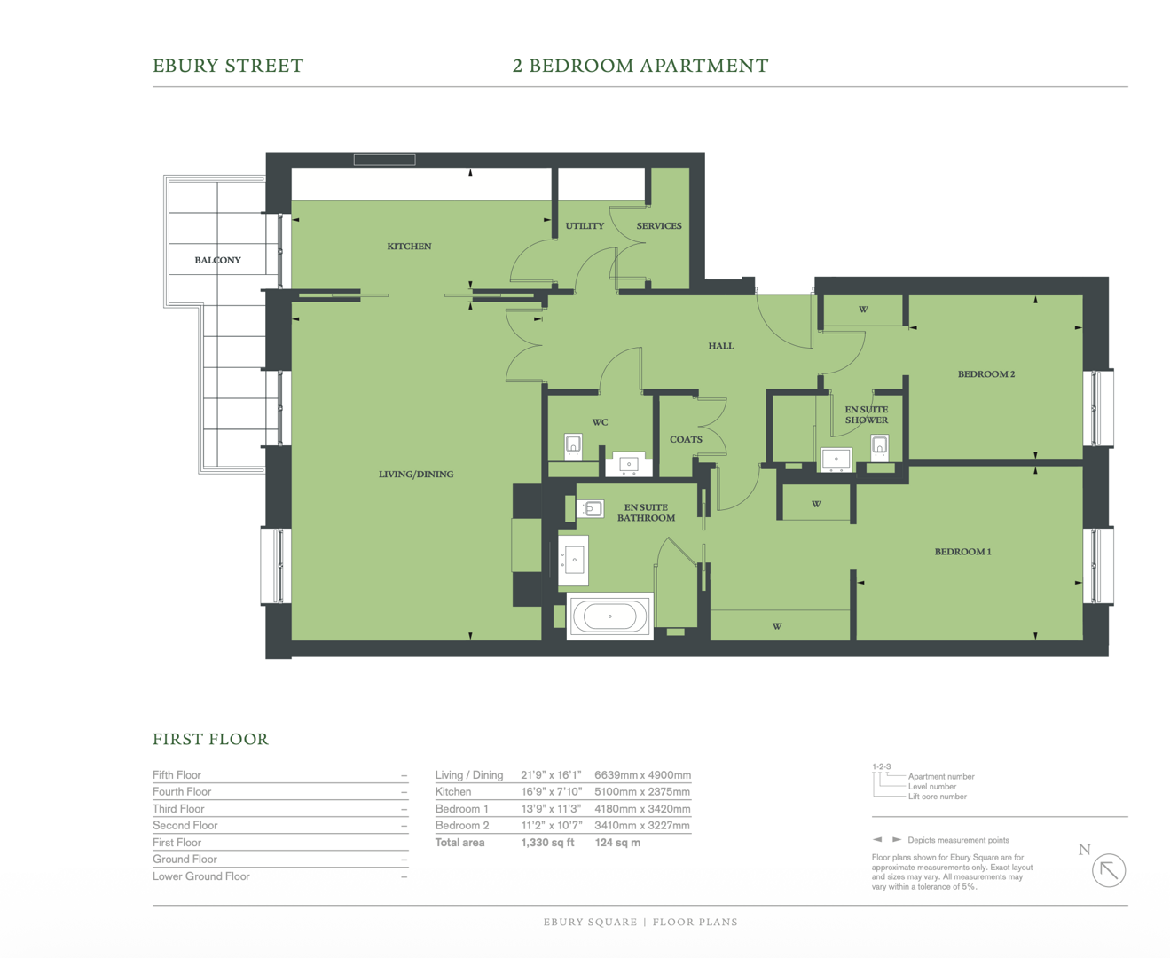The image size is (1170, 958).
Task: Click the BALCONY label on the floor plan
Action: [x=217, y=260]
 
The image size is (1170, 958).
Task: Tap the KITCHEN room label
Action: [x=409, y=246]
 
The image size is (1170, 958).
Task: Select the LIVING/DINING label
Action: [x=416, y=474]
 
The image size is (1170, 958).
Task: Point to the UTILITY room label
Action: [x=585, y=225]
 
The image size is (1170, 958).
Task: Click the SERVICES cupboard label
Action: [x=659, y=225]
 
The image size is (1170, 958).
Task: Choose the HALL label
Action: [x=720, y=346]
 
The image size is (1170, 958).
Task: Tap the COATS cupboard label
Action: [x=686, y=439]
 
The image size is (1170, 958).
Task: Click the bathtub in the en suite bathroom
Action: [x=609, y=616]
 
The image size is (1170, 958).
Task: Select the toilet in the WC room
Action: [x=574, y=445]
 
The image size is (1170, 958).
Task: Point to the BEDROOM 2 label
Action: [x=985, y=373]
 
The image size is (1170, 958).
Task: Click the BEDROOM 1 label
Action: [x=962, y=551]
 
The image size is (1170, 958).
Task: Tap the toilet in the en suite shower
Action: [x=879, y=446]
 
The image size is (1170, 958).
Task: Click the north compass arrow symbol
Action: [x=1108, y=870]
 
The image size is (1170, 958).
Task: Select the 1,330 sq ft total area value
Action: [x=547, y=843]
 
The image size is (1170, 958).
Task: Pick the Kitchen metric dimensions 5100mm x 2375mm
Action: [x=642, y=792]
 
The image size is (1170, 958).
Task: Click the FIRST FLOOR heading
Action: [x=210, y=739]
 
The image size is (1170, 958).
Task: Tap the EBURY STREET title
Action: [x=228, y=66]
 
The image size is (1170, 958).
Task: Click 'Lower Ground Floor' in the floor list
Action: [x=201, y=876]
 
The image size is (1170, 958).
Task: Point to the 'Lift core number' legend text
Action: [x=937, y=797]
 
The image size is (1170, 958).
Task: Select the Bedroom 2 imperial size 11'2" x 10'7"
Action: [x=551, y=826]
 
